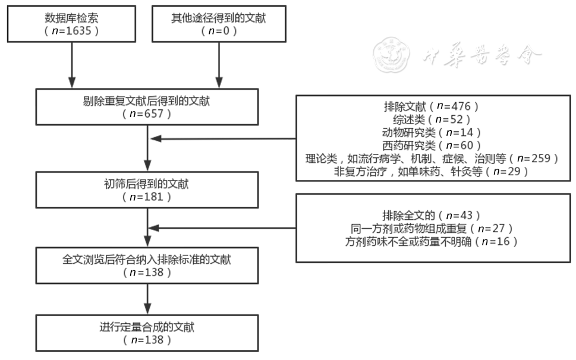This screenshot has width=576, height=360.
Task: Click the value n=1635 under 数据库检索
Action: click(x=72, y=31)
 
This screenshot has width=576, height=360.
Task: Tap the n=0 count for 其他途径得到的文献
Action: click(x=218, y=31)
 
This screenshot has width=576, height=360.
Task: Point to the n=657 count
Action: click(x=147, y=113)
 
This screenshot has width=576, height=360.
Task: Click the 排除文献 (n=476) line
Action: click(x=432, y=106)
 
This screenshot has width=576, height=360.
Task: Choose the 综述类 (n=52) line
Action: click(x=432, y=119)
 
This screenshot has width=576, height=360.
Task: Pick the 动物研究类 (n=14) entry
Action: click(x=432, y=132)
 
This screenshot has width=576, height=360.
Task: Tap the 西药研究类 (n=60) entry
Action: click(x=432, y=145)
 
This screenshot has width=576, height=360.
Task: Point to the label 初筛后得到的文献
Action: click(x=147, y=184)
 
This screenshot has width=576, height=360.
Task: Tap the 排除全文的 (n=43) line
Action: click(x=432, y=215)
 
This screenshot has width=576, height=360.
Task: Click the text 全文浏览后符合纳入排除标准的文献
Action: click(x=147, y=260)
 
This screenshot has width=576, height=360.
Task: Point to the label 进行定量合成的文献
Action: click(x=147, y=327)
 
